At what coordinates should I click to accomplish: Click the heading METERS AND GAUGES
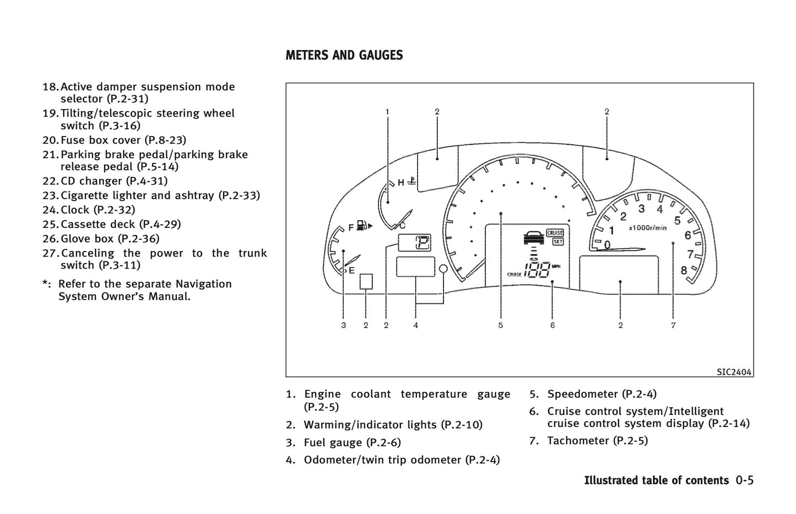click(344, 56)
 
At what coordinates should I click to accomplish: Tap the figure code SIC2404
click(734, 372)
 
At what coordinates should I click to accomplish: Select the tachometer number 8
click(684, 270)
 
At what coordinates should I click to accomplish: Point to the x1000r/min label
click(647, 227)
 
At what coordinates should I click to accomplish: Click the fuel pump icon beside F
click(363, 226)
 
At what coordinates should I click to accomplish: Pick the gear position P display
click(422, 242)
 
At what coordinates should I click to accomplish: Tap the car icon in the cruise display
click(533, 238)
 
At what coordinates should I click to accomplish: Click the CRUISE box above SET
click(555, 233)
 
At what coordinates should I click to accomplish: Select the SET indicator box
click(557, 242)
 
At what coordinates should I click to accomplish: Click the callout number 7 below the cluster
click(673, 325)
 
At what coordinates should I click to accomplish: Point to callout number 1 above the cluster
click(387, 112)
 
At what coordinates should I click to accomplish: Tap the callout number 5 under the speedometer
click(500, 325)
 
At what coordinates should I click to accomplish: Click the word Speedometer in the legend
click(582, 394)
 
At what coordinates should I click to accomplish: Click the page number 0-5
click(744, 480)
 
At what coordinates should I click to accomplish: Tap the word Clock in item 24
click(75, 210)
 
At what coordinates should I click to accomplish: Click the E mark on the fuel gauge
click(351, 270)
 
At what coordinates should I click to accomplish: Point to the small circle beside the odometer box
click(444, 268)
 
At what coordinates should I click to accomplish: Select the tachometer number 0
click(607, 244)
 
